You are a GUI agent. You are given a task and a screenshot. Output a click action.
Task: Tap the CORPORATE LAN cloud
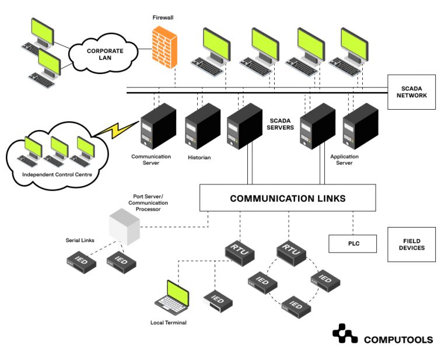tap(105, 54)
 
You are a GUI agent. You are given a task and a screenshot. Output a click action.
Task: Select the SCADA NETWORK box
tap(411, 92)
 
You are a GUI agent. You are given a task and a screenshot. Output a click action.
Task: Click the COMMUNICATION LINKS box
tap(288, 198)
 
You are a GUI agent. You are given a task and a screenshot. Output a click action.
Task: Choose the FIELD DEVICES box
tap(411, 244)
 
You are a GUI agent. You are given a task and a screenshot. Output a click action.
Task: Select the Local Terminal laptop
tap(173, 298)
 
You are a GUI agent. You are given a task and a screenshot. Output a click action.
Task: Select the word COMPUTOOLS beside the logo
tap(398, 340)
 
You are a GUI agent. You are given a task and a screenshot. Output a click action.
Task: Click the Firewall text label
tap(163, 18)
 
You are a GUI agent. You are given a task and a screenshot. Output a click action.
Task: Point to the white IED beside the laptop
tap(218, 299)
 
